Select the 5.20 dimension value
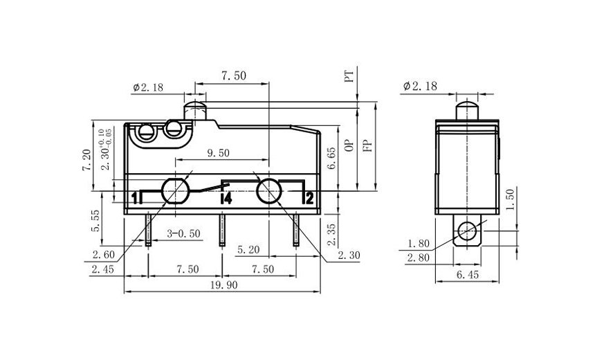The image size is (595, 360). coord(248,248)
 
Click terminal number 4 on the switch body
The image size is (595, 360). coord(225,199)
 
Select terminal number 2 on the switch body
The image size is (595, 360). coord(309,199)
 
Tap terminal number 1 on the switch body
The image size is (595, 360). coord(134,199)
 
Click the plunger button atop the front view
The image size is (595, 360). coord(196,110)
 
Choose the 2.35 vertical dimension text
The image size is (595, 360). coord(332,234)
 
